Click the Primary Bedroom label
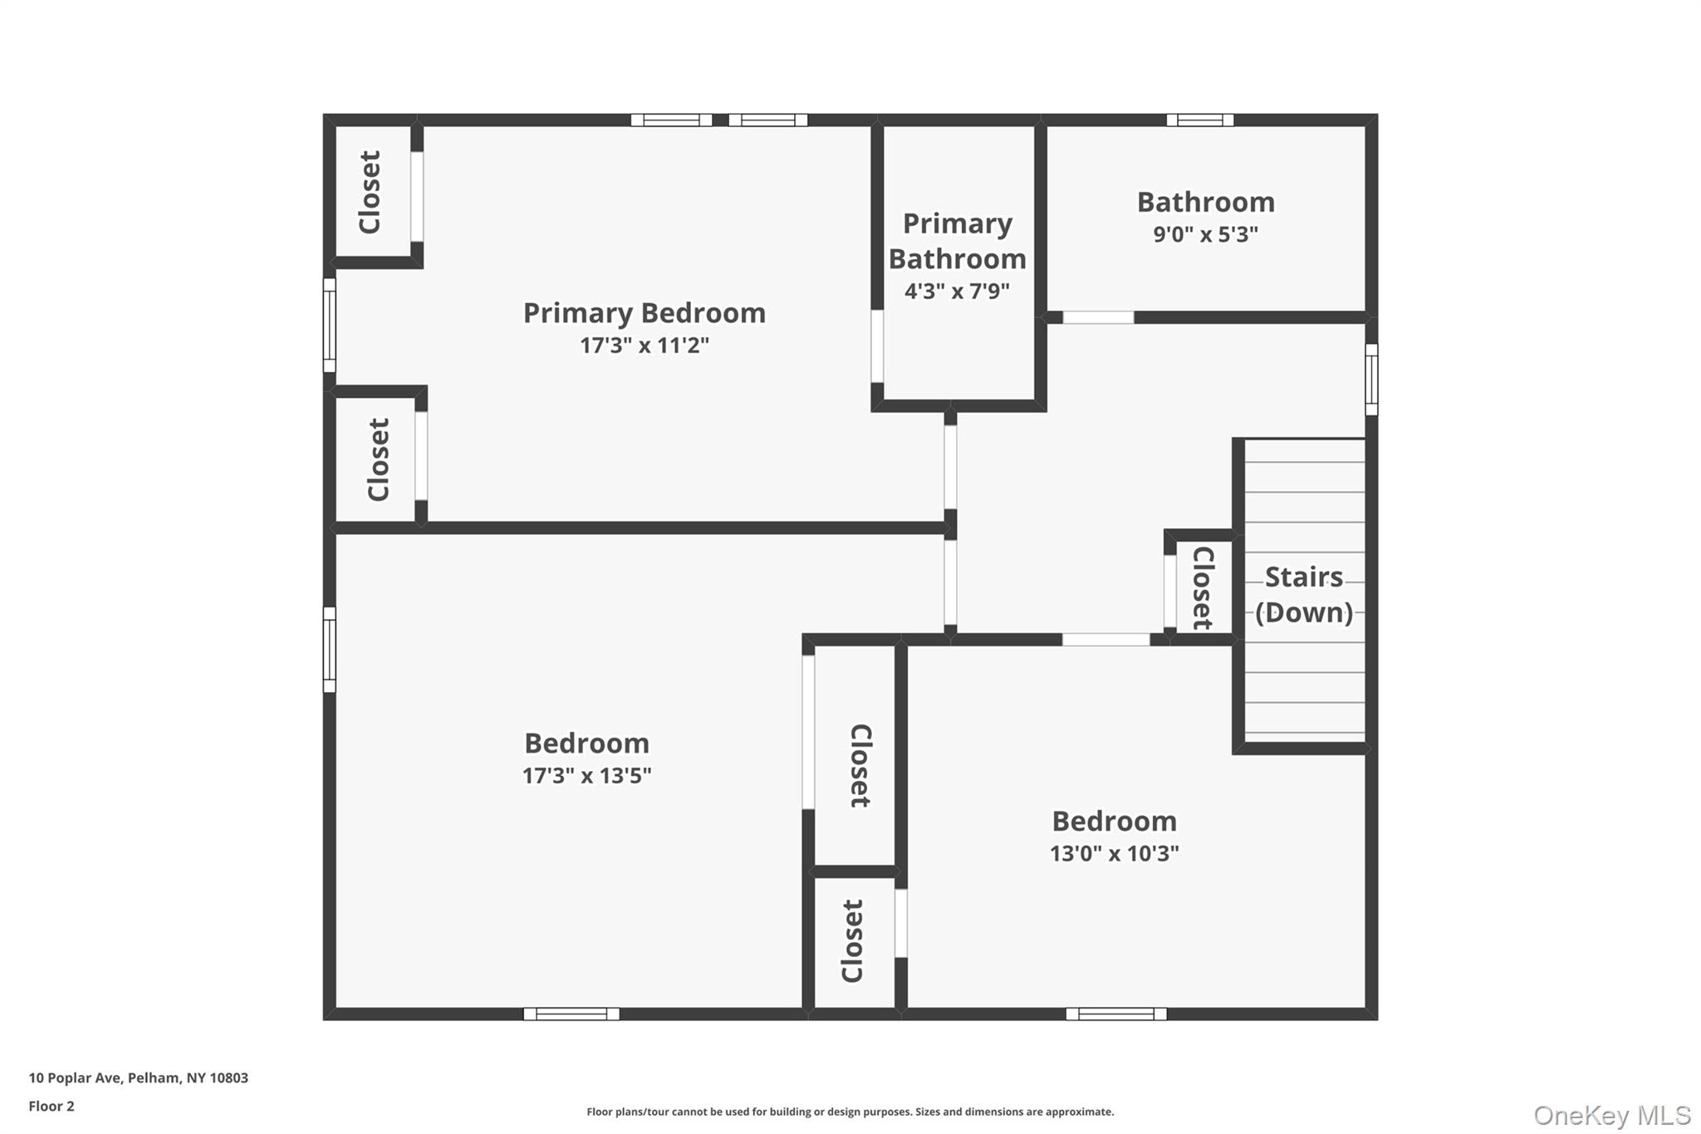tap(644, 313)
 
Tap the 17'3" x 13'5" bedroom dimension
tap(586, 776)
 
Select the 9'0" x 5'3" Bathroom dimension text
tap(1205, 234)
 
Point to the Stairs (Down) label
tap(1303, 594)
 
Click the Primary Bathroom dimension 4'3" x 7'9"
tap(957, 292)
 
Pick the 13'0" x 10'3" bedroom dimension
tap(1114, 853)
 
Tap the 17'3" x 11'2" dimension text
tap(644, 346)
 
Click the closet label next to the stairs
tap(1203, 587)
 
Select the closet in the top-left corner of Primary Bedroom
tap(370, 192)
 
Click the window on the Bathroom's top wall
tap(1199, 120)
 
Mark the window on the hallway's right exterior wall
tap(1371, 379)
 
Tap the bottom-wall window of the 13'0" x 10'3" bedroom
tap(1115, 1014)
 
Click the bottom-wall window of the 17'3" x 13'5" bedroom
tap(571, 1014)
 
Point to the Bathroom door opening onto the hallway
tap(1098, 317)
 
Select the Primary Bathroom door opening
tap(876, 346)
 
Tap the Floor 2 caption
tap(51, 1107)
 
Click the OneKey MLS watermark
tap(1611, 1115)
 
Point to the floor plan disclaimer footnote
tap(850, 1112)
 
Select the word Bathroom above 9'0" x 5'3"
tap(1205, 202)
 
